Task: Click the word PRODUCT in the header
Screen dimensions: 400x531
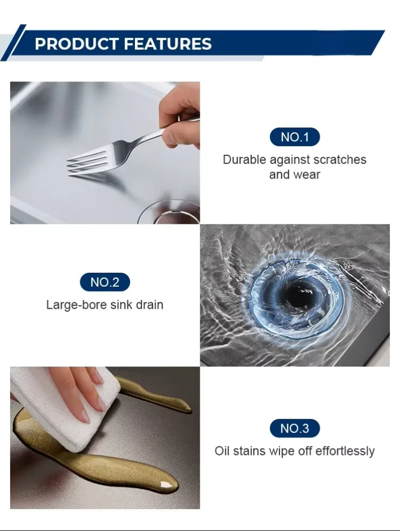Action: (77, 44)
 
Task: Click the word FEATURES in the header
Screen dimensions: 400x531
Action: (168, 44)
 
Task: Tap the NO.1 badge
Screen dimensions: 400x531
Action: (295, 137)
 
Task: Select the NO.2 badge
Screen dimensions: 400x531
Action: (105, 282)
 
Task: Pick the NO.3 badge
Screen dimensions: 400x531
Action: (295, 428)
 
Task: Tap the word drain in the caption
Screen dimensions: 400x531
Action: (149, 305)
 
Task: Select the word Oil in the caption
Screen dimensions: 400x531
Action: (222, 451)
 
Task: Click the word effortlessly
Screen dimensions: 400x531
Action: (345, 451)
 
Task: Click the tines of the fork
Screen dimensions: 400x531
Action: (87, 163)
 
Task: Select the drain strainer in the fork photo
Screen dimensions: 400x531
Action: (169, 212)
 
